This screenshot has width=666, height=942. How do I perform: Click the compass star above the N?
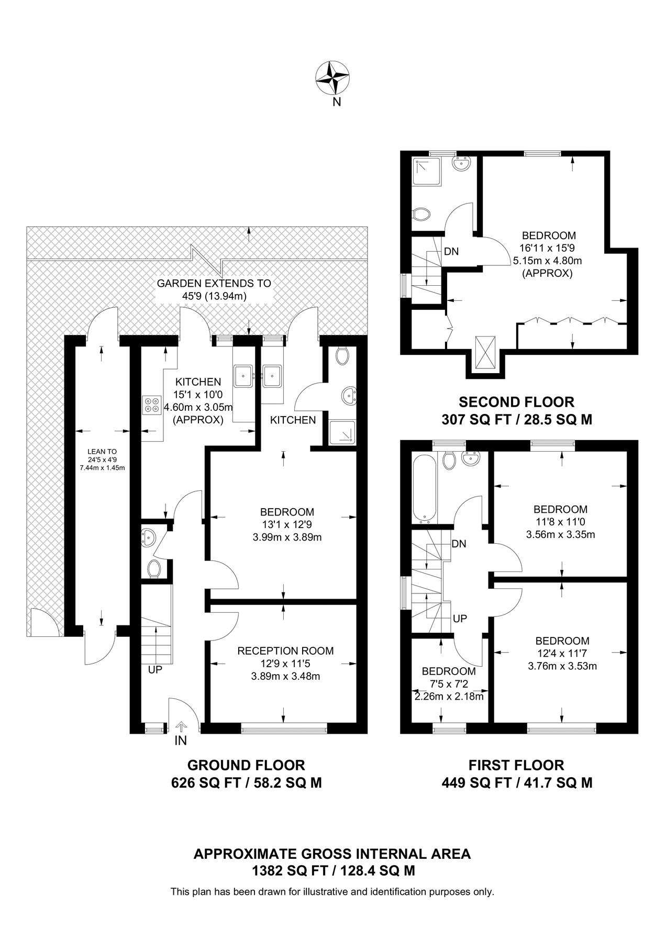tap(332, 77)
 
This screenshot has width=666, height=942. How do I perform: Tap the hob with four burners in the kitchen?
tap(152, 405)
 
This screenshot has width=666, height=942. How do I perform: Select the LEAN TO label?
tap(102, 451)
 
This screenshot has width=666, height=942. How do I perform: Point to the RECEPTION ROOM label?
tap(285, 651)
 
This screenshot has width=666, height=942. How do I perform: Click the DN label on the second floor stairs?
tap(451, 251)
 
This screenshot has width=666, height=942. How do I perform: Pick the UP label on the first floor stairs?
tap(460, 619)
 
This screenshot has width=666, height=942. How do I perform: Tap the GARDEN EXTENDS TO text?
tap(214, 283)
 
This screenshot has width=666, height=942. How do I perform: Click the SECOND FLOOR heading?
tap(516, 402)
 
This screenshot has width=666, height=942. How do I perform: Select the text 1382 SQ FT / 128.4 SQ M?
tap(333, 871)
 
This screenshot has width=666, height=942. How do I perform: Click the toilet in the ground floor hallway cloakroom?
tap(154, 569)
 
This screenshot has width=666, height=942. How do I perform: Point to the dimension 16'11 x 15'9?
tap(547, 248)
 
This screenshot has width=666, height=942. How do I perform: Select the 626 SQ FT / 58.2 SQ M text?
tap(246, 783)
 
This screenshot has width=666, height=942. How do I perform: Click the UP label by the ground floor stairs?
tap(155, 669)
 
